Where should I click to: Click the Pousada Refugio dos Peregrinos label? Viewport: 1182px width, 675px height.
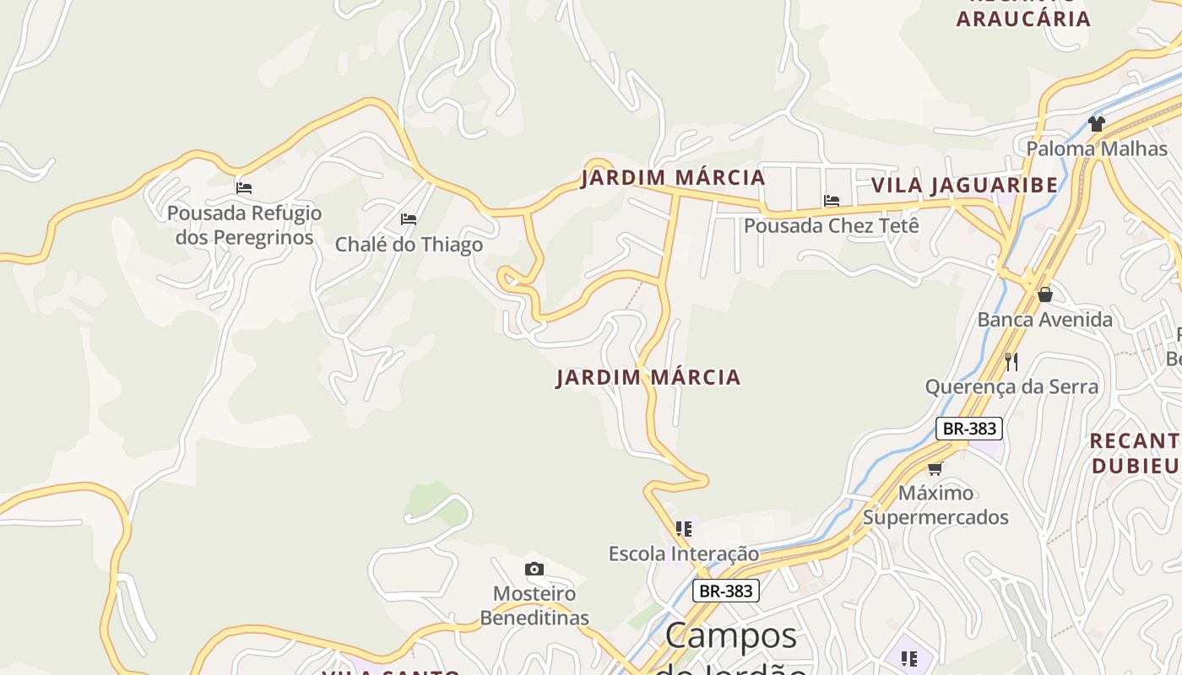(x=245, y=225)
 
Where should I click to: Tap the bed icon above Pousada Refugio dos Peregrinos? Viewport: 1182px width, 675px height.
(x=244, y=187)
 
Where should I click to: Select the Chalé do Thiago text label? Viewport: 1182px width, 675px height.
(x=409, y=245)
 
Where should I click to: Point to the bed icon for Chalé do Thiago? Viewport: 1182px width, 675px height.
(x=409, y=219)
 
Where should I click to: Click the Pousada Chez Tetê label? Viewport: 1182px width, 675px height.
(x=831, y=226)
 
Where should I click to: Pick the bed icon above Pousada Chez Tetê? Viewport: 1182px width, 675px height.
(x=831, y=201)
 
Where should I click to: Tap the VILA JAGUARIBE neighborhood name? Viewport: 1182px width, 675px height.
(x=964, y=186)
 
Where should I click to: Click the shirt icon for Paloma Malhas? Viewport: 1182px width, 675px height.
(x=1096, y=124)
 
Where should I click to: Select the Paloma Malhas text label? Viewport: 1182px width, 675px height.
(x=1096, y=149)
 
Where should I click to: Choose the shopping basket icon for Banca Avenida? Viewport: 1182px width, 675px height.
(x=1044, y=294)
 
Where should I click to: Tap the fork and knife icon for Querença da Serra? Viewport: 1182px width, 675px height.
(x=1011, y=362)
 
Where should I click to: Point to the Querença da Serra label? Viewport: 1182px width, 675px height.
(x=1011, y=387)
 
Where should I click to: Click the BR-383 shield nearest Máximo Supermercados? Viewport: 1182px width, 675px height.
(x=969, y=429)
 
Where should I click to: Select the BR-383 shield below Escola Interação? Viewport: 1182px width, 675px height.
(x=726, y=591)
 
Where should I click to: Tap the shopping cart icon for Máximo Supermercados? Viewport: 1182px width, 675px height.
(x=935, y=468)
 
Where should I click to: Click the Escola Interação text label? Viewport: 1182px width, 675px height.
(x=684, y=554)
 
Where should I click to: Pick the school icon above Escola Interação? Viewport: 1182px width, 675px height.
(x=684, y=529)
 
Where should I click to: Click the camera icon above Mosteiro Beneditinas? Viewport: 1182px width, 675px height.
(x=534, y=570)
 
